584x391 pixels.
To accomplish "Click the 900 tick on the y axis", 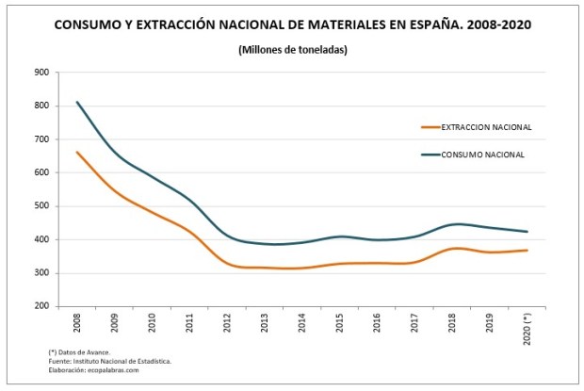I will (x=41, y=73).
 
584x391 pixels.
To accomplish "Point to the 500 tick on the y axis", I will (x=41, y=206).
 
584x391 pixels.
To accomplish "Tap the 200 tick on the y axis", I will (x=41, y=307).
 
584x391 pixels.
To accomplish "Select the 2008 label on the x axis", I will (x=77, y=325).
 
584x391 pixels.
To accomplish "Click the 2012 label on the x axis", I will (x=227, y=325).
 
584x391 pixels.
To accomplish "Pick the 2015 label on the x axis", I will (x=340, y=325).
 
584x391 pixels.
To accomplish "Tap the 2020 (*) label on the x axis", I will (x=527, y=329).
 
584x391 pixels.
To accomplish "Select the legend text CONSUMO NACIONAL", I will (x=482, y=155).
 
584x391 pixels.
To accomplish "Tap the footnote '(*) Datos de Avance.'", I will (x=78, y=352).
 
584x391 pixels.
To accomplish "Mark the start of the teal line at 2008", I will (x=77, y=102).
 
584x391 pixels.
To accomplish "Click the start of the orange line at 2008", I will (x=77, y=152).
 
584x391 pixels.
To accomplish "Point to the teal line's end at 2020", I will (x=527, y=232).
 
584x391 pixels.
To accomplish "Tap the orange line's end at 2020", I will (x=527, y=250).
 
